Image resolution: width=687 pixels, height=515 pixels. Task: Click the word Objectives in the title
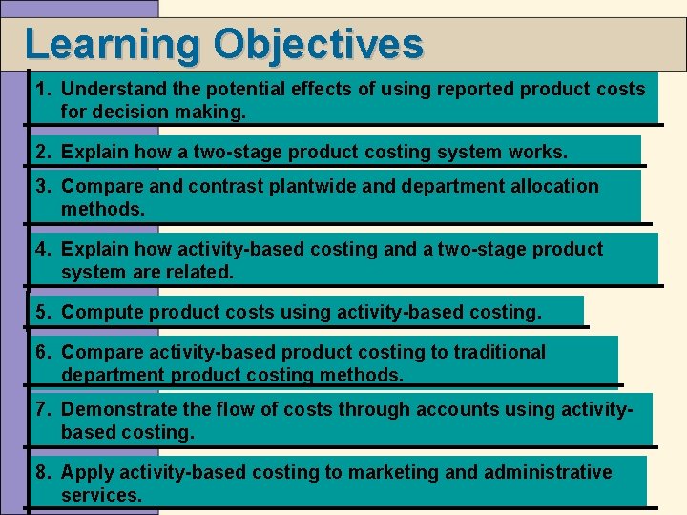319,45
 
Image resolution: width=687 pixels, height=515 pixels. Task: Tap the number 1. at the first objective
44,90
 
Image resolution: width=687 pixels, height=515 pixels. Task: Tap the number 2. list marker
44,153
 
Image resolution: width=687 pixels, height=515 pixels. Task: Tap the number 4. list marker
44,250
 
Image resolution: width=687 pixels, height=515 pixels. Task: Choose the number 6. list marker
44,353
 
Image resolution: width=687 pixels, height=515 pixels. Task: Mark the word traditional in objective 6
499,353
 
